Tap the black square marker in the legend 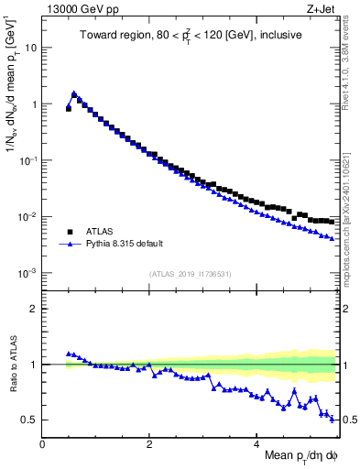71,232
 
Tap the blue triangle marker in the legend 71,245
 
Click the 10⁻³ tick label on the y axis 27,274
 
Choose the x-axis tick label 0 42,444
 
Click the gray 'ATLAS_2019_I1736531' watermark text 190,274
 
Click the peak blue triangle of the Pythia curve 74,93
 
